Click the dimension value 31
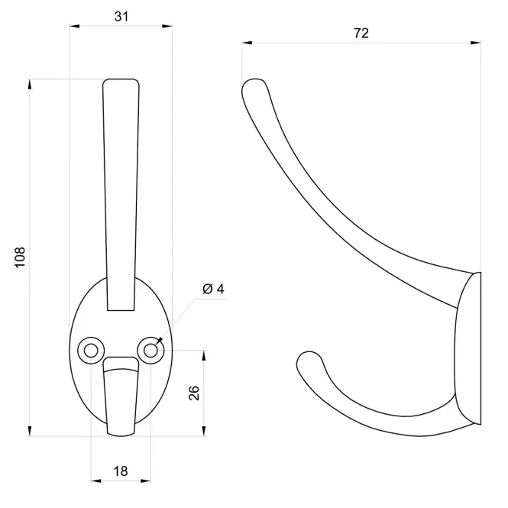pyautogui.click(x=121, y=17)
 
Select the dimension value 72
pyautogui.click(x=361, y=33)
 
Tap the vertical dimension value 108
pyautogui.click(x=20, y=257)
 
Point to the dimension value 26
pyautogui.click(x=194, y=393)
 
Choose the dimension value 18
pyautogui.click(x=121, y=471)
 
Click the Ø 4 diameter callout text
pyautogui.click(x=213, y=289)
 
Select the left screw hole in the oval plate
pyautogui.click(x=91, y=351)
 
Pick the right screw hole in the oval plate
pyautogui.click(x=150, y=351)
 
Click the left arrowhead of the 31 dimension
pyautogui.click(x=75, y=26)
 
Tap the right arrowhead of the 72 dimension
pyautogui.click(x=476, y=43)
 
